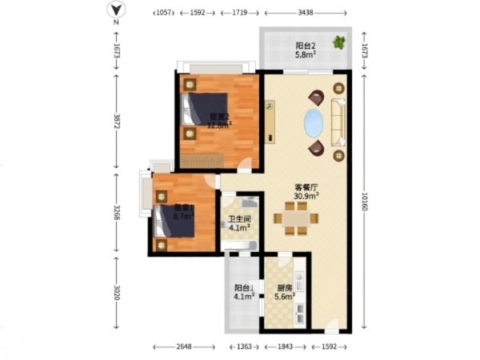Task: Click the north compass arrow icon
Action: tap(116, 10)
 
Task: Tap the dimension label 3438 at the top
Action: tap(306, 14)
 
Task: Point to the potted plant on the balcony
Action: tap(340, 42)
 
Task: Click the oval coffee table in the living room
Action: tap(313, 123)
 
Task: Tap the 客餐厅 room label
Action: tap(306, 186)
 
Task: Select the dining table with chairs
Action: tap(296, 218)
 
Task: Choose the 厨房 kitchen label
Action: tap(284, 289)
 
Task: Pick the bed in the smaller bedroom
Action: tap(177, 221)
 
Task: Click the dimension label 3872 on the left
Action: tap(116, 122)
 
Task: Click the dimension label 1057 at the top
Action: tap(162, 14)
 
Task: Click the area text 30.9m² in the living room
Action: tap(306, 195)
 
